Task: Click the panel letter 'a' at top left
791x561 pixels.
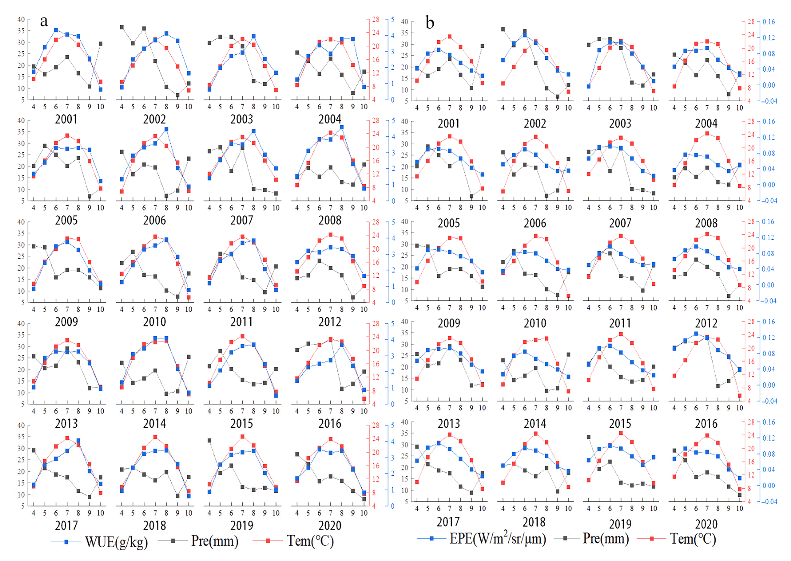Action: [x=44, y=22]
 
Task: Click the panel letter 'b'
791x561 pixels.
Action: [x=430, y=23]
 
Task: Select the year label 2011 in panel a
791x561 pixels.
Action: [x=242, y=322]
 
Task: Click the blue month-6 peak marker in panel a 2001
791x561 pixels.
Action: [x=56, y=30]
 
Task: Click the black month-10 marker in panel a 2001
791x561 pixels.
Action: [x=101, y=44]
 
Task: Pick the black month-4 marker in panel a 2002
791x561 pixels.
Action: [x=122, y=27]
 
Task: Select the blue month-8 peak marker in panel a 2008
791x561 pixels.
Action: [x=342, y=127]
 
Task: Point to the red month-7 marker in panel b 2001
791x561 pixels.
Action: [x=450, y=37]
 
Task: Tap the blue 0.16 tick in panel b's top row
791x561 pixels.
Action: [x=769, y=22]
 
